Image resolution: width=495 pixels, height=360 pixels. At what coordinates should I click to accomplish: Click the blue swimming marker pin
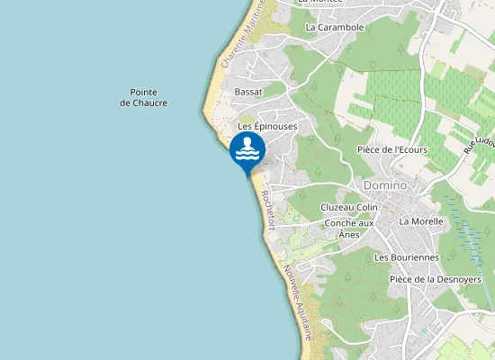coord(247,151)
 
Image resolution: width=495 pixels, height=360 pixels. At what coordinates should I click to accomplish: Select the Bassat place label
coord(247,92)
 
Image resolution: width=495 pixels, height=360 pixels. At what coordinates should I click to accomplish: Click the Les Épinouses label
coord(266,127)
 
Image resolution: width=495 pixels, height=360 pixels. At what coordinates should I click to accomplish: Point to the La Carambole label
coord(334,27)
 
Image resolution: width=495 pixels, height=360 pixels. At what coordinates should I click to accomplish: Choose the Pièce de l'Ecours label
coord(391,149)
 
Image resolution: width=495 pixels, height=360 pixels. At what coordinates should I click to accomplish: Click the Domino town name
coord(385,185)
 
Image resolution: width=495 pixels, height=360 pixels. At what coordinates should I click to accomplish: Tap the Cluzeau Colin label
coord(349,207)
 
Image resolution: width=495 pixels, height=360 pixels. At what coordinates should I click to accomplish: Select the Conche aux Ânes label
coord(348,229)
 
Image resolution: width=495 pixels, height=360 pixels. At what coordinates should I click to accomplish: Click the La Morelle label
coord(421,220)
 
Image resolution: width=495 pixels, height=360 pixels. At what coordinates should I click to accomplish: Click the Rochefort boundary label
coord(265,210)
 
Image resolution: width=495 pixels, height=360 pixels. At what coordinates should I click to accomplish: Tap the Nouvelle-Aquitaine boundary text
coord(298,301)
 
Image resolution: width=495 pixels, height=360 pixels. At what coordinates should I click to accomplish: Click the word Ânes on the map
coord(348,234)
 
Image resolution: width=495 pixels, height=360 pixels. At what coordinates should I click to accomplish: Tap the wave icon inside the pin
coord(247,150)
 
